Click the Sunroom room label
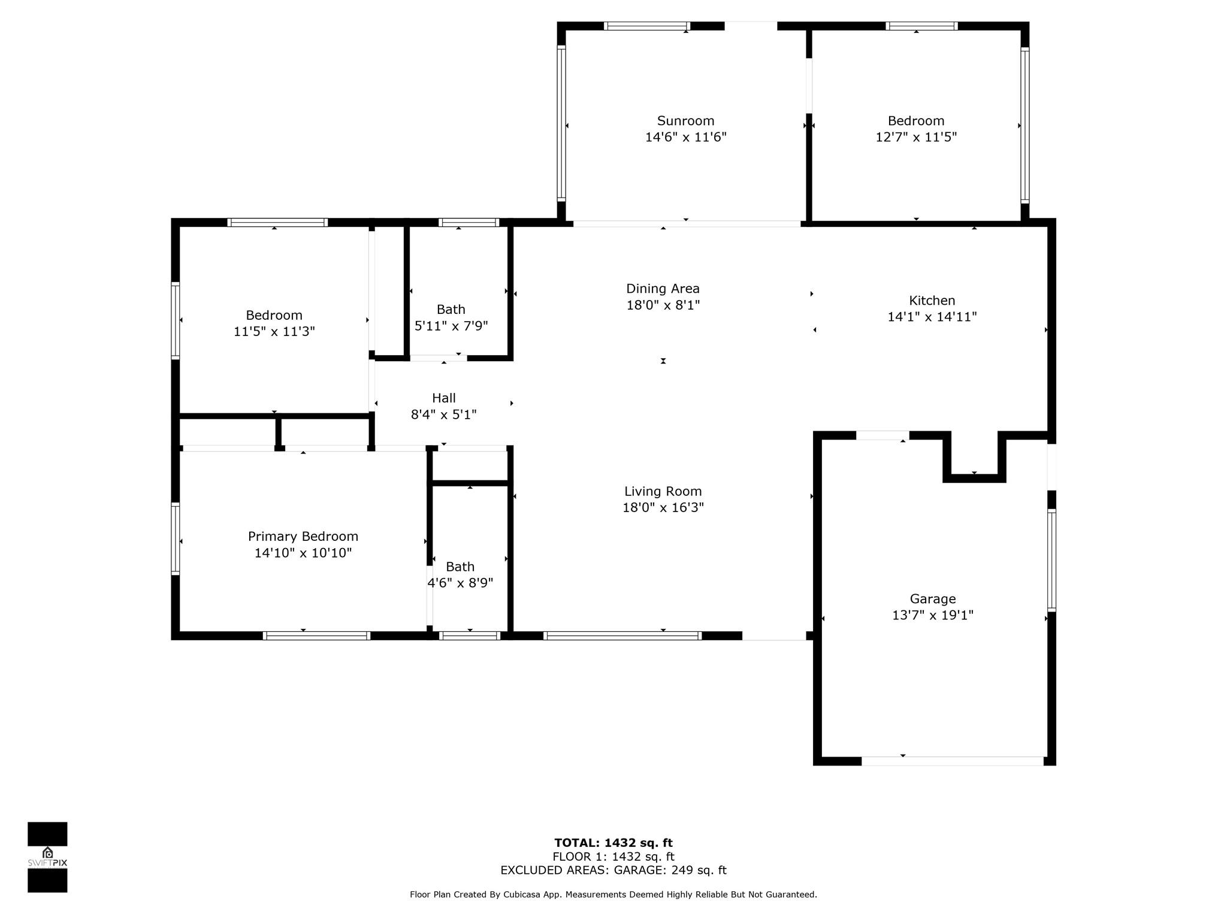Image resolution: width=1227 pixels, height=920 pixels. tap(685, 121)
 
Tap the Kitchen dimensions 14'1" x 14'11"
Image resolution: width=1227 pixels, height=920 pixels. tap(932, 317)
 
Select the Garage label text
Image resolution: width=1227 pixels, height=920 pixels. tap(932, 599)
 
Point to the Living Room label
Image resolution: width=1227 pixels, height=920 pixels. tap(663, 492)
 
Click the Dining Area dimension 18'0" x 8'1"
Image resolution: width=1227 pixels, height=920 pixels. tap(663, 305)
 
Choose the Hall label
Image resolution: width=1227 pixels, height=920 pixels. tap(443, 398)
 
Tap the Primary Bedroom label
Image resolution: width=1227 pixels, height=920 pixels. tap(303, 537)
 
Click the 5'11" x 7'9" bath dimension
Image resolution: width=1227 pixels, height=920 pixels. tap(451, 326)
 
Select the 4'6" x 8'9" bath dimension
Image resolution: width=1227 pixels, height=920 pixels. tap(460, 583)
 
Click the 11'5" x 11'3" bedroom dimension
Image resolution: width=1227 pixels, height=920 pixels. tap(274, 332)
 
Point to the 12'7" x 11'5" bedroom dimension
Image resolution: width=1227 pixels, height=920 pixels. tap(916, 137)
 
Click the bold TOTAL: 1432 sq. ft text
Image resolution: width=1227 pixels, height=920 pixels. tap(613, 843)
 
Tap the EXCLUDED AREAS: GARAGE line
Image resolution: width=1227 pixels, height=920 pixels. tap(613, 870)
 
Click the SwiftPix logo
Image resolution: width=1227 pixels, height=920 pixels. tap(47, 857)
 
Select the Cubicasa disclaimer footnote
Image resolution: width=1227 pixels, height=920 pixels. tap(613, 895)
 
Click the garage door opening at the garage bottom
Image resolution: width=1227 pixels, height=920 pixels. tap(953, 761)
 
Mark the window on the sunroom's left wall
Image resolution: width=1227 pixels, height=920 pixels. tap(561, 124)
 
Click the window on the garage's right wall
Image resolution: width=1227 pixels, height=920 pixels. tap(1051, 561)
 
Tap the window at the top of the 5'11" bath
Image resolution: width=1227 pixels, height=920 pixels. tap(469, 222)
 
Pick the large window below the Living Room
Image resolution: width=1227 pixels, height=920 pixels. tap(622, 636)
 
